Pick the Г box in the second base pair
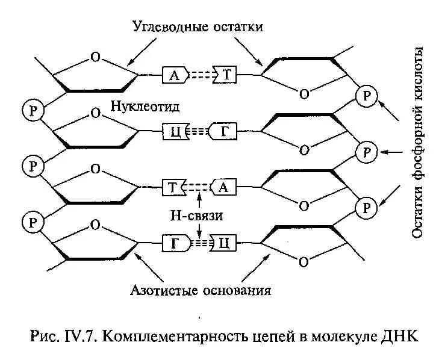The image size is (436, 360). [x=222, y=131]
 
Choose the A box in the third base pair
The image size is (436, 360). [x=222, y=187]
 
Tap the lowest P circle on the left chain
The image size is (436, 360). [x=32, y=222]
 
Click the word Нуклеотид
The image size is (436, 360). [x=146, y=106]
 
